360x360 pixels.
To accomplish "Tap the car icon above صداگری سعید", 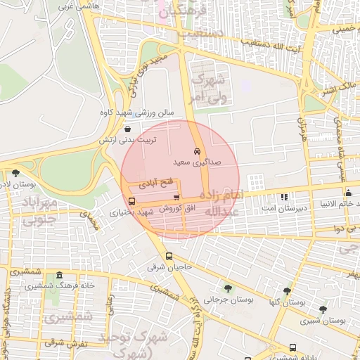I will pos(197,151).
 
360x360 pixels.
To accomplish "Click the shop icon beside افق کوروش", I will pos(176,198).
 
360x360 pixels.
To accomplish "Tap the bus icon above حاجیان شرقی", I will pos(169,257).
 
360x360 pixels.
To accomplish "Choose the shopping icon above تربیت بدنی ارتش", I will pos(127,129).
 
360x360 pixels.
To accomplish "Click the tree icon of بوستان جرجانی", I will pos(228,288).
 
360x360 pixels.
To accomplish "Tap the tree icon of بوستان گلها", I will pos(287,290).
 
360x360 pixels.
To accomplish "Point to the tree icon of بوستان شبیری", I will pos(323,309).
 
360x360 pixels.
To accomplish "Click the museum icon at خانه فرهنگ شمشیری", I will pos(59,275).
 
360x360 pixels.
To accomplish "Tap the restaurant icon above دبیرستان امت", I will pos(284,198).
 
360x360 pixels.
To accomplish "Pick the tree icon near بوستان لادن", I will pos(15,173).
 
